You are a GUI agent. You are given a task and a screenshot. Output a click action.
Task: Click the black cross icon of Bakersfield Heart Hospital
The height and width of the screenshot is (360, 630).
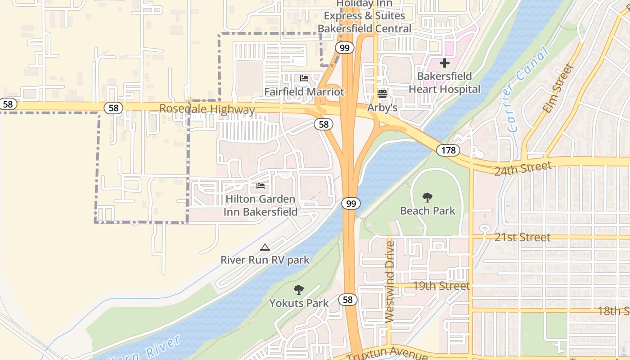445,63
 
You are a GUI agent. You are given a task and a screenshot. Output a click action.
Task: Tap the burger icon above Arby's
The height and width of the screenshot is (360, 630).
382,94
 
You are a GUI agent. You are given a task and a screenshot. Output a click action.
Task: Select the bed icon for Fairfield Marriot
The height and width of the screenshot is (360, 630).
304,78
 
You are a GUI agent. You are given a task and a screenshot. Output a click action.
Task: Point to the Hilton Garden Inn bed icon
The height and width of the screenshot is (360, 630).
261,186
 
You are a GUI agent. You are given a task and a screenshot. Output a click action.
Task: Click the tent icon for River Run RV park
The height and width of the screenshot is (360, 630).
265,247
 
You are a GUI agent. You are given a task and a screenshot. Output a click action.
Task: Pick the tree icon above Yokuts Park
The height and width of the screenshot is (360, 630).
298,290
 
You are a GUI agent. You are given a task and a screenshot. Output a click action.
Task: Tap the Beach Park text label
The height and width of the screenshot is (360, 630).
427,211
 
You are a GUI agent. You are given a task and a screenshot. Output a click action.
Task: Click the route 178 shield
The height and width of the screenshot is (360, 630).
448,150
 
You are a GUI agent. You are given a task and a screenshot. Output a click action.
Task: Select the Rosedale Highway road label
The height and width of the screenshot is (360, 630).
207,109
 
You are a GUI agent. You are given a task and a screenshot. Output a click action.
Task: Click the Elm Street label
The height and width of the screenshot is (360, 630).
558,89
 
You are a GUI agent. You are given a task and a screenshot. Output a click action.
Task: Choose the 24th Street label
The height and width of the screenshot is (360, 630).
523,168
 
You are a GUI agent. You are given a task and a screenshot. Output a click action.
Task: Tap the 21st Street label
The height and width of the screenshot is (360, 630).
522,237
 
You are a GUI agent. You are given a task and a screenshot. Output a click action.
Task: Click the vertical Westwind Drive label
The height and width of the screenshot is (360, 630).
390,282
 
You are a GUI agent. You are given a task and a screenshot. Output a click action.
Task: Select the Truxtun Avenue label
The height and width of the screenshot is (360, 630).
387,354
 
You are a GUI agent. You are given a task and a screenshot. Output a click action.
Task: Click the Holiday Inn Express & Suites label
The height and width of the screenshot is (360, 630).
364,16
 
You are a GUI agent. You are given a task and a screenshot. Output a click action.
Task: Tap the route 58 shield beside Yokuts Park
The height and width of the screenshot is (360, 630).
348,300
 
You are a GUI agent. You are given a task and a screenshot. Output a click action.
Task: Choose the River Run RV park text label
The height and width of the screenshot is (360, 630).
265,260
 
